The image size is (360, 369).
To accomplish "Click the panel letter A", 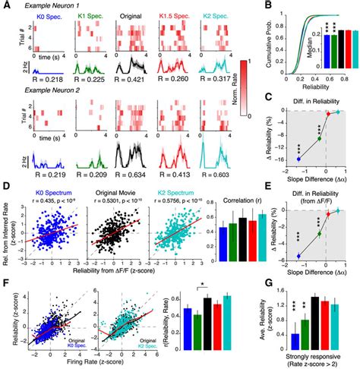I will point(5,6).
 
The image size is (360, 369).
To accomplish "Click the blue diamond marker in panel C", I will point(298,158).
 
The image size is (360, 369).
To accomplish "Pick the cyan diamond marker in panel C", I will point(337,112).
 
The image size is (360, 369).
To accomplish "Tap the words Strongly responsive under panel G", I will point(315,355).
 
